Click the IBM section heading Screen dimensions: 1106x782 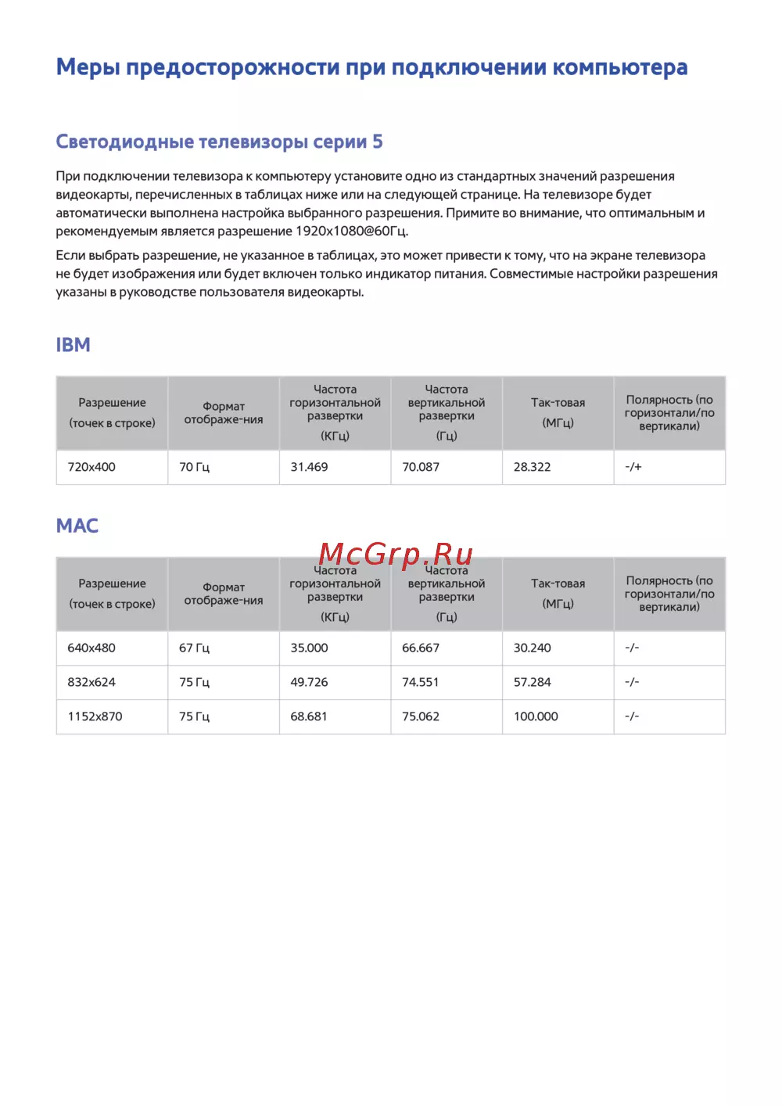73,345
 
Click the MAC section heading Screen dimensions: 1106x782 77,526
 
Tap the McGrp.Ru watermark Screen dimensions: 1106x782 396,554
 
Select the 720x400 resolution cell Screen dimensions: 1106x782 91,467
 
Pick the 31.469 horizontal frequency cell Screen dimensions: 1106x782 309,467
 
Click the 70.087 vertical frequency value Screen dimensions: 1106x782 421,467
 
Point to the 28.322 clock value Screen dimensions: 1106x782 532,467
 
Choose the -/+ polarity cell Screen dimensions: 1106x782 633,467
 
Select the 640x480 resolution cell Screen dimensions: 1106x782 91,648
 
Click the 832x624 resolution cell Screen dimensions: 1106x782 91,682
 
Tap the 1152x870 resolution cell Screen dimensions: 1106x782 95,716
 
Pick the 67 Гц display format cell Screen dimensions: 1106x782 194,648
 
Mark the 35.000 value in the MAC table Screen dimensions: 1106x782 309,648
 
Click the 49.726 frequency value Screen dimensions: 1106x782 309,682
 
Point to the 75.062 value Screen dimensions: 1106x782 421,716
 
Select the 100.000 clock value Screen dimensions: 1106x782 536,716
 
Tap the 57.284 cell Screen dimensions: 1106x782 532,682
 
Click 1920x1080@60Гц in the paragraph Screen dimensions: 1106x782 351,232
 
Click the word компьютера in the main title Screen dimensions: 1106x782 620,68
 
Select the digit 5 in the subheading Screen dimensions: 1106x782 378,142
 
